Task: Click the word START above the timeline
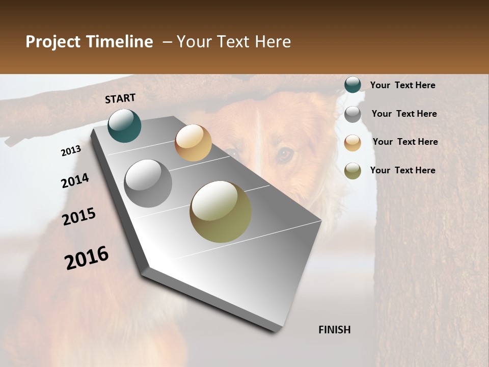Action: point(120,98)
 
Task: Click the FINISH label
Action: point(335,330)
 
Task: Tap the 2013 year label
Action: point(71,151)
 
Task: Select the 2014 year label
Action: point(75,180)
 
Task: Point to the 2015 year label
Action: point(79,217)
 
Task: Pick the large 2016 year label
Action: point(87,257)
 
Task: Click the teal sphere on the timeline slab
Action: point(125,125)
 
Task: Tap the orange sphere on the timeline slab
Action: point(193,143)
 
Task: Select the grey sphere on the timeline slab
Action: point(148,183)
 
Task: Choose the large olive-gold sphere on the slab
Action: point(221,212)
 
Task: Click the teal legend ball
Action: point(352,85)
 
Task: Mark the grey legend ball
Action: point(352,114)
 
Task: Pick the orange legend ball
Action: point(352,143)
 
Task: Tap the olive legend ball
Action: point(352,171)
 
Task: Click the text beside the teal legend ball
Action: point(402,85)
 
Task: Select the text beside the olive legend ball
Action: point(402,170)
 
